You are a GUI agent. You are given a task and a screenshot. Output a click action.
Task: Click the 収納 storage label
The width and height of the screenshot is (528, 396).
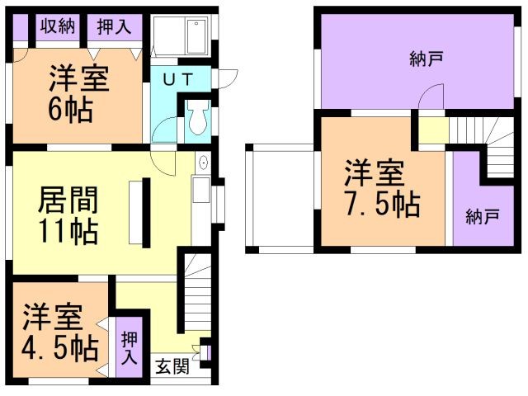(x=57, y=26)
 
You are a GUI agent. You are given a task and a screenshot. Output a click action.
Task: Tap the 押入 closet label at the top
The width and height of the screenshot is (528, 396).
(x=114, y=26)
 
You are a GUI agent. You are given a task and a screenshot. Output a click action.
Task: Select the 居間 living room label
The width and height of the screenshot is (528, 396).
(x=69, y=200)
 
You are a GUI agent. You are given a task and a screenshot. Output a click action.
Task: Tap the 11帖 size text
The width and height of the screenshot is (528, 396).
(x=69, y=231)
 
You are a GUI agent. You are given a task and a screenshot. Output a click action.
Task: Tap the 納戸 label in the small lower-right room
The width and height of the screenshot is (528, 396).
(x=482, y=217)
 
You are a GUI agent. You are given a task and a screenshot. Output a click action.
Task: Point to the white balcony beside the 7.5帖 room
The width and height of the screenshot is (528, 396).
(x=282, y=198)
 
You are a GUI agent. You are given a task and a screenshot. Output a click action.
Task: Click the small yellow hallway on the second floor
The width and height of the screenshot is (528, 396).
(x=434, y=130)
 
